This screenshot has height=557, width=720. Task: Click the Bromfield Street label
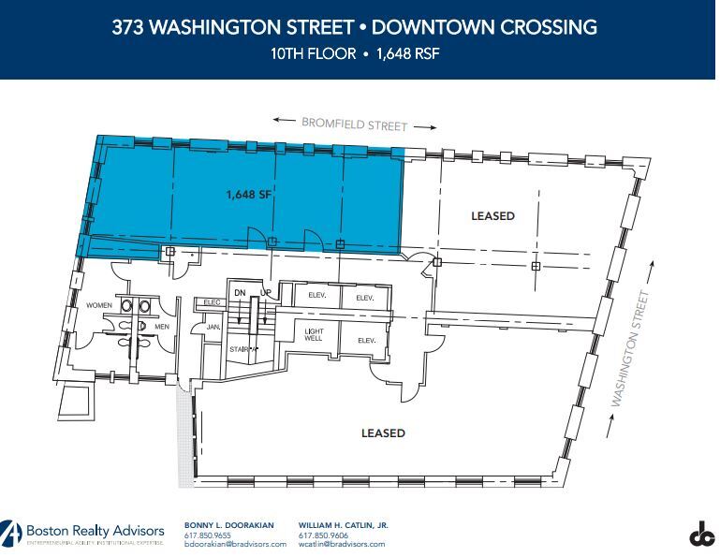point(354,124)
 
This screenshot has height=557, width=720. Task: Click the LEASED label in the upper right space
point(492,216)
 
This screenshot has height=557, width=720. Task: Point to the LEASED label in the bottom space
point(383,432)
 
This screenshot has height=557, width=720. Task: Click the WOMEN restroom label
point(99,305)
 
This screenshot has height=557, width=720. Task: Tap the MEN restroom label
point(162,327)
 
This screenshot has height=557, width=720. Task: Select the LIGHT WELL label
point(314,335)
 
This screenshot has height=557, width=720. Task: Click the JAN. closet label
point(213,327)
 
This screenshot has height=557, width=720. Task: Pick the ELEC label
point(211,301)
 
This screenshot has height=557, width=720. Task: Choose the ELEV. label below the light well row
point(365,340)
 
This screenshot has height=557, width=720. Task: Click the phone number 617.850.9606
point(323,535)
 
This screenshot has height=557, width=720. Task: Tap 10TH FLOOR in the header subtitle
point(311,53)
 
